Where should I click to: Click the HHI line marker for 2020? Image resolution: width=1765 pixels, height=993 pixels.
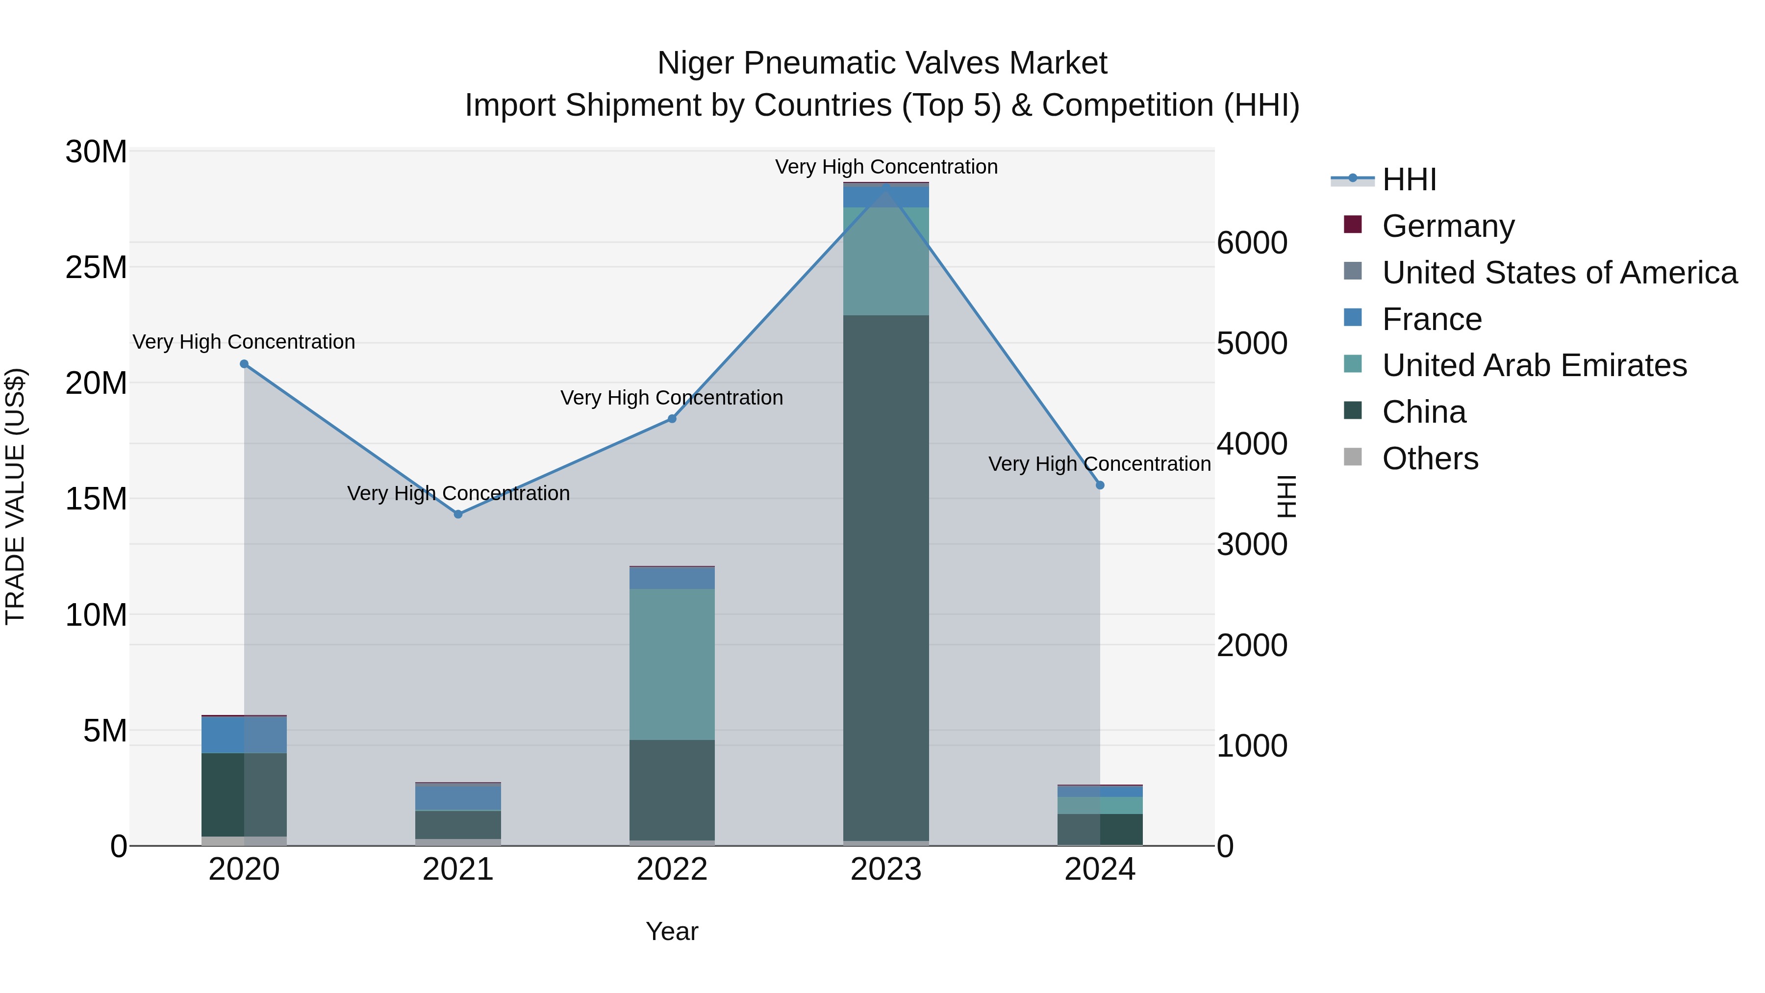click(x=244, y=364)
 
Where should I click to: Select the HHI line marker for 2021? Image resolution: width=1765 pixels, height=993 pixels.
click(x=458, y=514)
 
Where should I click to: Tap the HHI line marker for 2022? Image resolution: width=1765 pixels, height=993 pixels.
click(x=672, y=419)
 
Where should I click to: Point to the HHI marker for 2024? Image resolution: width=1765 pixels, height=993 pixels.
click(x=1100, y=485)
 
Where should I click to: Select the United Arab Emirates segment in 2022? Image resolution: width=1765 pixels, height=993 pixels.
click(x=672, y=663)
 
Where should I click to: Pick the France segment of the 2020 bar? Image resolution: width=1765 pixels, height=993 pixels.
click(x=244, y=735)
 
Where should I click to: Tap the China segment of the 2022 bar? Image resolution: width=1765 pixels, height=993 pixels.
click(x=672, y=789)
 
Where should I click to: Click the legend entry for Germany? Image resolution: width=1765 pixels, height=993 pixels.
click(x=1447, y=226)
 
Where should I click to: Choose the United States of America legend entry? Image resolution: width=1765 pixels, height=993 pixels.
click(x=1559, y=273)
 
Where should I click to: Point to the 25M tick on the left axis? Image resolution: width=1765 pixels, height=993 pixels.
click(x=96, y=267)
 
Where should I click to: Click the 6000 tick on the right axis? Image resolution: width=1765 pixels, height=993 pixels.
click(x=1252, y=243)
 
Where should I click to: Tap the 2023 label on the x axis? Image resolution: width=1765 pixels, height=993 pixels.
click(x=886, y=869)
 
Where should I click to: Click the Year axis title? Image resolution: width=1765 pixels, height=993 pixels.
click(x=672, y=931)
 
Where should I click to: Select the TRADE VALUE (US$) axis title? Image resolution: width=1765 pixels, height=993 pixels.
click(x=15, y=496)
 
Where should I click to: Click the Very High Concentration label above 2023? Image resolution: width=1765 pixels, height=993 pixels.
click(x=886, y=167)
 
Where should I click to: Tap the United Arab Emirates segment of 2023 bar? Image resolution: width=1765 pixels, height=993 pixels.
click(x=886, y=261)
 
